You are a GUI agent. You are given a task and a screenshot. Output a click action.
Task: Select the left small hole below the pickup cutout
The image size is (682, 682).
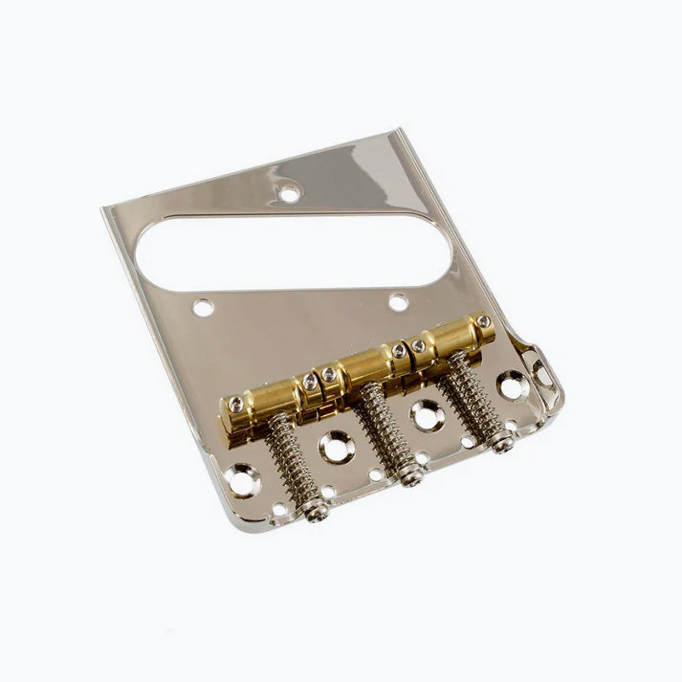[203, 308]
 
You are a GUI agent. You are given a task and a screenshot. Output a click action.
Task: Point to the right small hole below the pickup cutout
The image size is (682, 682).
[398, 302]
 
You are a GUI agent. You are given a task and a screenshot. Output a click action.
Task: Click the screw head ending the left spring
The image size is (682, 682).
[315, 512]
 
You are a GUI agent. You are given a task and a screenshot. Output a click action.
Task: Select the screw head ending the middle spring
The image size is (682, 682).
[412, 474]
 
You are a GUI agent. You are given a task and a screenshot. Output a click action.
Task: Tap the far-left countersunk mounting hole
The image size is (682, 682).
[242, 479]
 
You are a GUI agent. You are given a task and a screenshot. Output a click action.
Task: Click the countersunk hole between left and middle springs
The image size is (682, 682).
[336, 446]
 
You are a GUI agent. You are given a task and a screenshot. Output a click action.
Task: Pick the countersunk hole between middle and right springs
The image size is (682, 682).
[426, 414]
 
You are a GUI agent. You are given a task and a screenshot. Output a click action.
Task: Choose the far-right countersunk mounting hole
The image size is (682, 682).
[513, 385]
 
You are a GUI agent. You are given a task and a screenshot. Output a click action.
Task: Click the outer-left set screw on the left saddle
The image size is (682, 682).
[235, 404]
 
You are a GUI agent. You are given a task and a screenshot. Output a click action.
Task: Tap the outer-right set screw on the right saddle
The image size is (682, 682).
[483, 321]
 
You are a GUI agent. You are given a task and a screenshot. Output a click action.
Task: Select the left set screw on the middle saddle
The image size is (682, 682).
[330, 374]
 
